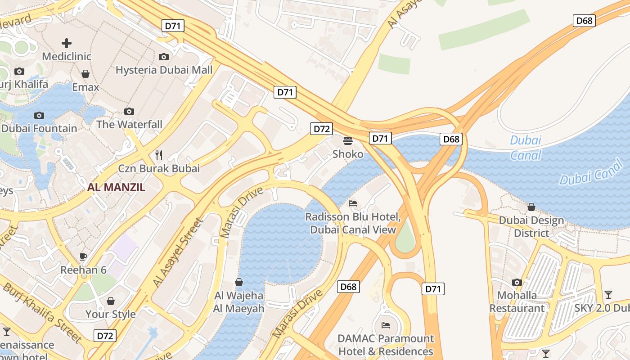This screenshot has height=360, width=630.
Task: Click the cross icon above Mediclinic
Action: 67,43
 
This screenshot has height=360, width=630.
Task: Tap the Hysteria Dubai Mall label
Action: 164,70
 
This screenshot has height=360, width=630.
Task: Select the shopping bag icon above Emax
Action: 85,74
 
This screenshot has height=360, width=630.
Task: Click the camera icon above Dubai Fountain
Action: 39,115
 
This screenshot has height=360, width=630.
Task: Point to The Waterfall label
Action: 129,124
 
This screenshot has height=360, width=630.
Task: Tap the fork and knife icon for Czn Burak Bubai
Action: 158,155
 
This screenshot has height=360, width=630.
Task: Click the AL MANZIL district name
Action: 116,188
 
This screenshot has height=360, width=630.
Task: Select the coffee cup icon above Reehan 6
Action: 83,256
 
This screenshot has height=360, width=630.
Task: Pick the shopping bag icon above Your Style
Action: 110,301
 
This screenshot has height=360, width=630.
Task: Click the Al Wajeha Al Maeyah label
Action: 238,302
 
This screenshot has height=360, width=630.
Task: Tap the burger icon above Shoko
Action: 347,141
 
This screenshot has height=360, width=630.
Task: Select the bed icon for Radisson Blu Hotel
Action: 353,204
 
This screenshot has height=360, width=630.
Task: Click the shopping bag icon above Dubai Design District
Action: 531,207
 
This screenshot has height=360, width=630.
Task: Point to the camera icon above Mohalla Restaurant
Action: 517,282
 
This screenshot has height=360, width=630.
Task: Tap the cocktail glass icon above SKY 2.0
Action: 608,295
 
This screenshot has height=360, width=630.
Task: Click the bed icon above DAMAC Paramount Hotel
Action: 386,325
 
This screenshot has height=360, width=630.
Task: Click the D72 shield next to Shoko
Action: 321,129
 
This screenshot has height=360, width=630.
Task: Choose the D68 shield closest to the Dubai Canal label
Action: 451,139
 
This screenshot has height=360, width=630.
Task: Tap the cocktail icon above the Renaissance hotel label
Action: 7,332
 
